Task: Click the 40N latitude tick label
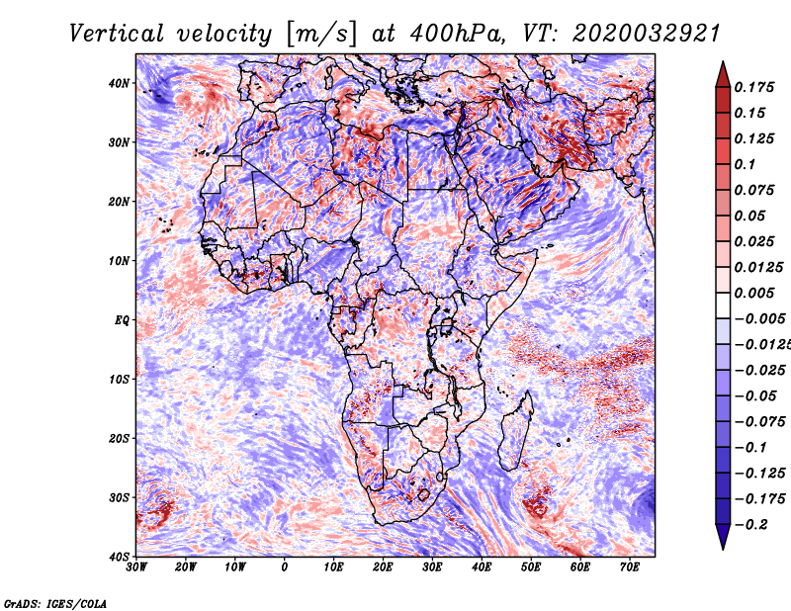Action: [x=119, y=83]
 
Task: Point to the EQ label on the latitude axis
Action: [x=121, y=320]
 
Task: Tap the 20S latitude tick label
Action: [x=119, y=438]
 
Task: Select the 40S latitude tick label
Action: [x=119, y=557]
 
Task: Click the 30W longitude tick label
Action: [x=136, y=567]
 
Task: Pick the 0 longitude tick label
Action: [x=285, y=567]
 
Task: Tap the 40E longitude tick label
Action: [x=482, y=567]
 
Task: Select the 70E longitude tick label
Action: [x=630, y=567]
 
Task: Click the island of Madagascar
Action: [x=514, y=430]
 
